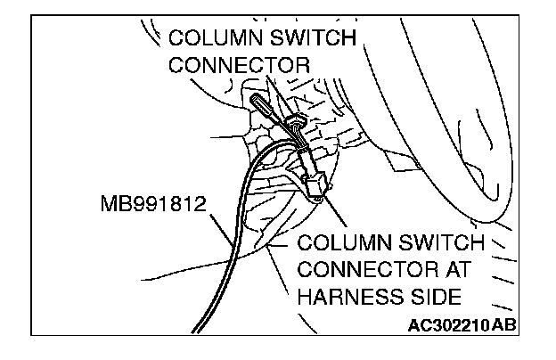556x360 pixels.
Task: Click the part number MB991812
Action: (x=154, y=205)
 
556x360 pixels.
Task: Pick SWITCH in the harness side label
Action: (x=443, y=242)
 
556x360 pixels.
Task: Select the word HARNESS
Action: (x=347, y=294)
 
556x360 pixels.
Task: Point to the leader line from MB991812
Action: (x=223, y=227)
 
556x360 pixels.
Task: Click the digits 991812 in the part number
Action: (x=168, y=205)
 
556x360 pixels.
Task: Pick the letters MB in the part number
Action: (x=115, y=205)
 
